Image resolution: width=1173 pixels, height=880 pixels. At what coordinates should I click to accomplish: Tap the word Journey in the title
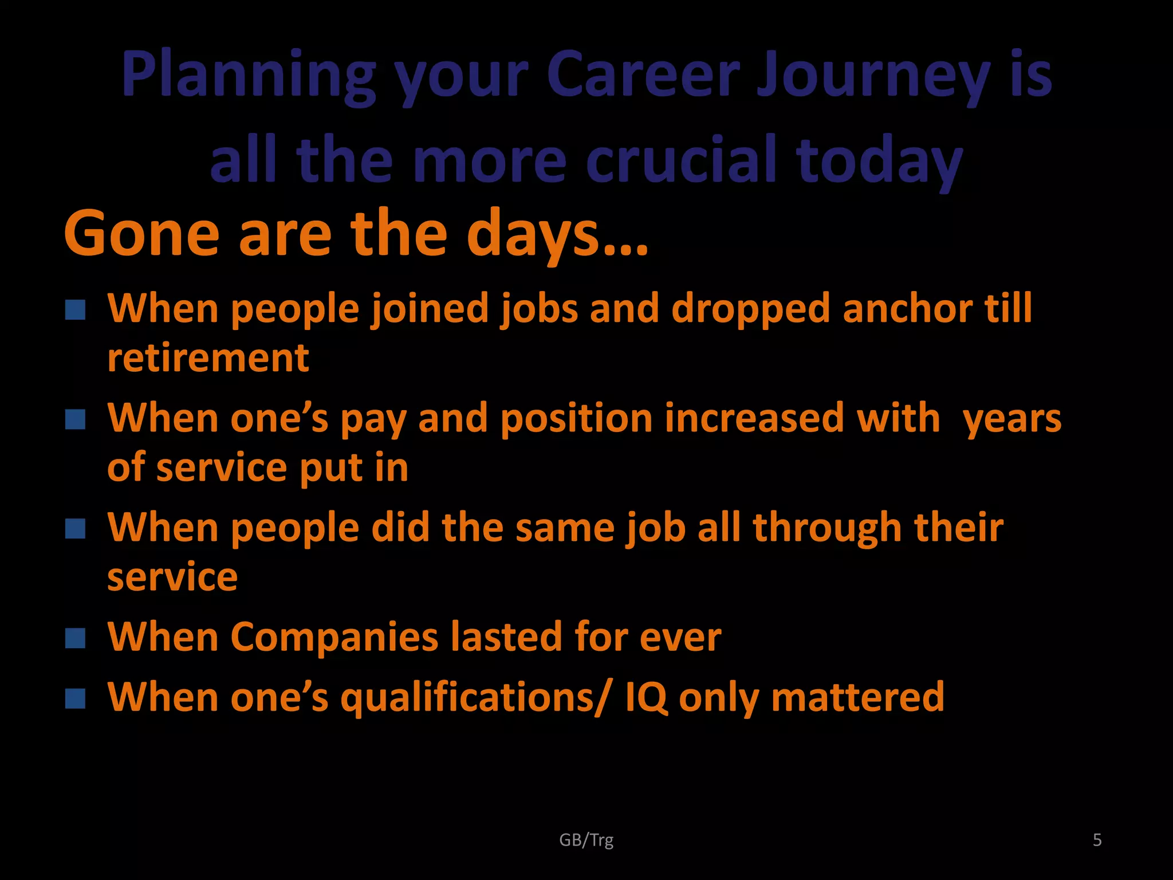coord(873,76)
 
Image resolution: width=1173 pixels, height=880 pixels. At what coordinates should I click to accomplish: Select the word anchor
coord(907,309)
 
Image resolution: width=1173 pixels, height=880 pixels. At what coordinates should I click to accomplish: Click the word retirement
coord(208,359)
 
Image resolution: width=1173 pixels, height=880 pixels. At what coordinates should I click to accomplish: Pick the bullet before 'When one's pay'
coord(75,419)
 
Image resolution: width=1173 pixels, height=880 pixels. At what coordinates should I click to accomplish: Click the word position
coord(576,419)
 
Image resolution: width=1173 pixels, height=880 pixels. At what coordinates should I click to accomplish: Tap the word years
coord(1012,419)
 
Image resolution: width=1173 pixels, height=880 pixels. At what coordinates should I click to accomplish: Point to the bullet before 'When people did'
coord(75,529)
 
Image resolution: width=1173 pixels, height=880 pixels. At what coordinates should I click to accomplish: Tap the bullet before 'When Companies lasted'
coord(75,638)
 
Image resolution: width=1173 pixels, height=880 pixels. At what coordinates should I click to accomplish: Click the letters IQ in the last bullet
coord(645,698)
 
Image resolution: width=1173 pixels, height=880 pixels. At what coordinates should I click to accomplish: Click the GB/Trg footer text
coord(586,840)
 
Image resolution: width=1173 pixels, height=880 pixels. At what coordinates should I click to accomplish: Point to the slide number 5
coord(1097,840)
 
